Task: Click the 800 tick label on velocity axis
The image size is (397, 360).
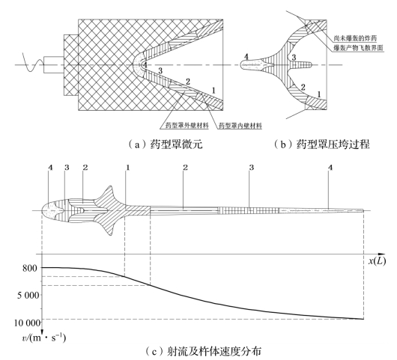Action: click(x=30, y=268)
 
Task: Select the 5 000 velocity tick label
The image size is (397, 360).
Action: click(x=28, y=295)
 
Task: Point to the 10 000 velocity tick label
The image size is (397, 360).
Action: click(x=28, y=323)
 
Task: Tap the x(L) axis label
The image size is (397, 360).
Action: click(x=377, y=260)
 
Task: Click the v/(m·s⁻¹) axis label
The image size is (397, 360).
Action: click(x=43, y=338)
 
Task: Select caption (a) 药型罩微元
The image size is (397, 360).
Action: click(x=165, y=144)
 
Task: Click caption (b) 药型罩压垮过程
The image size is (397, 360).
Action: click(x=321, y=144)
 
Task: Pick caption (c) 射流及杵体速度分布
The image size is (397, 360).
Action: click(x=203, y=352)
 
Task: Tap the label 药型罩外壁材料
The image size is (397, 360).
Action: click(x=187, y=125)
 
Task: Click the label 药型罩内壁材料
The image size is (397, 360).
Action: click(x=240, y=126)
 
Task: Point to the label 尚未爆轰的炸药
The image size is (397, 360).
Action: click(x=355, y=38)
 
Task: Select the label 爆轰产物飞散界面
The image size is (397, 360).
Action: click(x=358, y=48)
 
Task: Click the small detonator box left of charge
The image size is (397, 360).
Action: click(x=53, y=65)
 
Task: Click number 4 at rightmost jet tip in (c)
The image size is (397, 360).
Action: click(x=330, y=168)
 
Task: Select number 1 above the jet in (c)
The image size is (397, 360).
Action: click(x=128, y=168)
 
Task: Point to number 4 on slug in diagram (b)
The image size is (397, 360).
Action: click(x=246, y=57)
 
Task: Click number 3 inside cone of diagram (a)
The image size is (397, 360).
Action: click(x=160, y=70)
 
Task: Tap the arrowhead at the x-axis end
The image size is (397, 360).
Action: click(x=381, y=254)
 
